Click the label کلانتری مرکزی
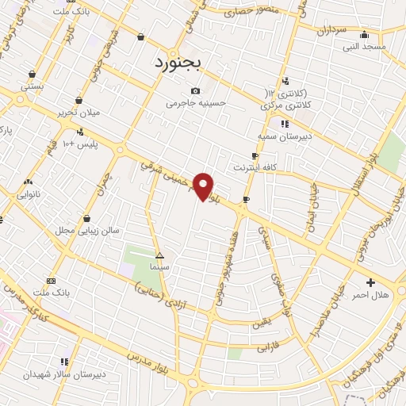[x=285, y=105]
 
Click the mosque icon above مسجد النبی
[x=364, y=35]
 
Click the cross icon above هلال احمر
[x=371, y=282]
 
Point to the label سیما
[x=160, y=267]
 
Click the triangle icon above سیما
[x=160, y=255]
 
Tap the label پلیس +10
[x=80, y=144]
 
